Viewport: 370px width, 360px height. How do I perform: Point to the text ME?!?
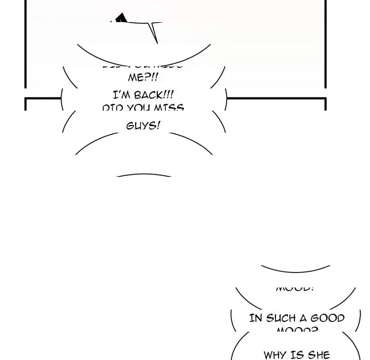(x=143, y=77)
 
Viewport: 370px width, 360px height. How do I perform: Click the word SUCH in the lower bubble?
(x=281, y=318)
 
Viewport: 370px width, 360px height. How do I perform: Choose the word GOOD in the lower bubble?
(x=327, y=318)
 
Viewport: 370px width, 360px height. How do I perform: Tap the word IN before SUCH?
(x=255, y=318)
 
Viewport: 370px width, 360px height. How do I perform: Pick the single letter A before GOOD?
(x=304, y=318)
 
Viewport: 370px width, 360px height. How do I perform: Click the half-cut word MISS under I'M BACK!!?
(x=170, y=109)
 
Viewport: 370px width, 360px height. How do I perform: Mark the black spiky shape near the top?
(x=120, y=20)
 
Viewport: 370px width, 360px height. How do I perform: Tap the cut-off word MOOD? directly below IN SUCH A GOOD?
(x=297, y=331)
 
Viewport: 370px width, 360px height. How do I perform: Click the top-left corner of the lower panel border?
(x=26, y=98)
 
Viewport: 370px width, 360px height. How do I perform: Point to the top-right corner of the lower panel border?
(x=325, y=98)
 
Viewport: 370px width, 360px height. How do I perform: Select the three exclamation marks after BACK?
(x=169, y=95)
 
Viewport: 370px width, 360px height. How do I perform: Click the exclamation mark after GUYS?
(x=158, y=125)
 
